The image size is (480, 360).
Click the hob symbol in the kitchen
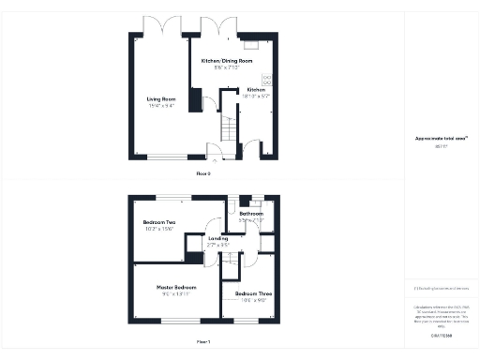tap(267, 79)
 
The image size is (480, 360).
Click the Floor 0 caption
tap(202, 173)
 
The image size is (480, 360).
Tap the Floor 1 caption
tap(202, 341)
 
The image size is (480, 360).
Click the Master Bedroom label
tap(176, 286)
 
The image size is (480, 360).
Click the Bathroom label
tap(251, 214)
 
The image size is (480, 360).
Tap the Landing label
tap(217, 238)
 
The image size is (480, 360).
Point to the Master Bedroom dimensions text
tap(176, 293)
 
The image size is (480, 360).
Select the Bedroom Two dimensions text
tap(159, 230)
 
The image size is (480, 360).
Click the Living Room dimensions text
tap(161, 106)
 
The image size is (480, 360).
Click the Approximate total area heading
tap(441, 139)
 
